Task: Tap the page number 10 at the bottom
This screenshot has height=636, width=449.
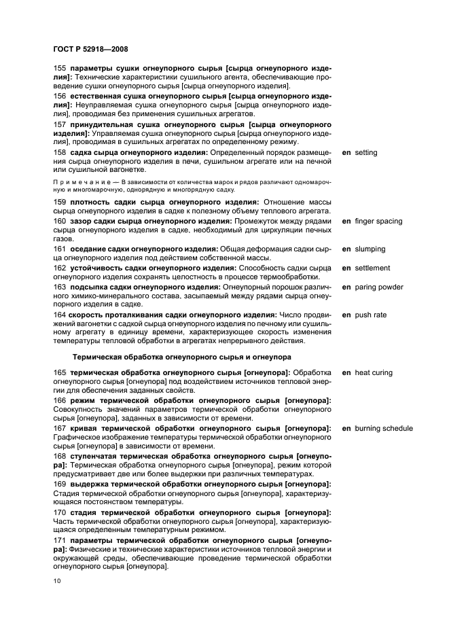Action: [57, 582]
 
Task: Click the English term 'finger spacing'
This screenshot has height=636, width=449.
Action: [378, 222]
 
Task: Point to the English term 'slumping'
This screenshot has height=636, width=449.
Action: [369, 249]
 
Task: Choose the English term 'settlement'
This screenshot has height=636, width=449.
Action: [372, 268]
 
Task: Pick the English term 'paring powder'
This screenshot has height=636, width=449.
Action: [378, 287]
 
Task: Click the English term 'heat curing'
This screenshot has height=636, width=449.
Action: [373, 372]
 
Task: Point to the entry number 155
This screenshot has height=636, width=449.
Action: [60, 69]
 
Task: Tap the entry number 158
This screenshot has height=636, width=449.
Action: [60, 153]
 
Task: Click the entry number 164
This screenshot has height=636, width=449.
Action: [60, 315]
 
